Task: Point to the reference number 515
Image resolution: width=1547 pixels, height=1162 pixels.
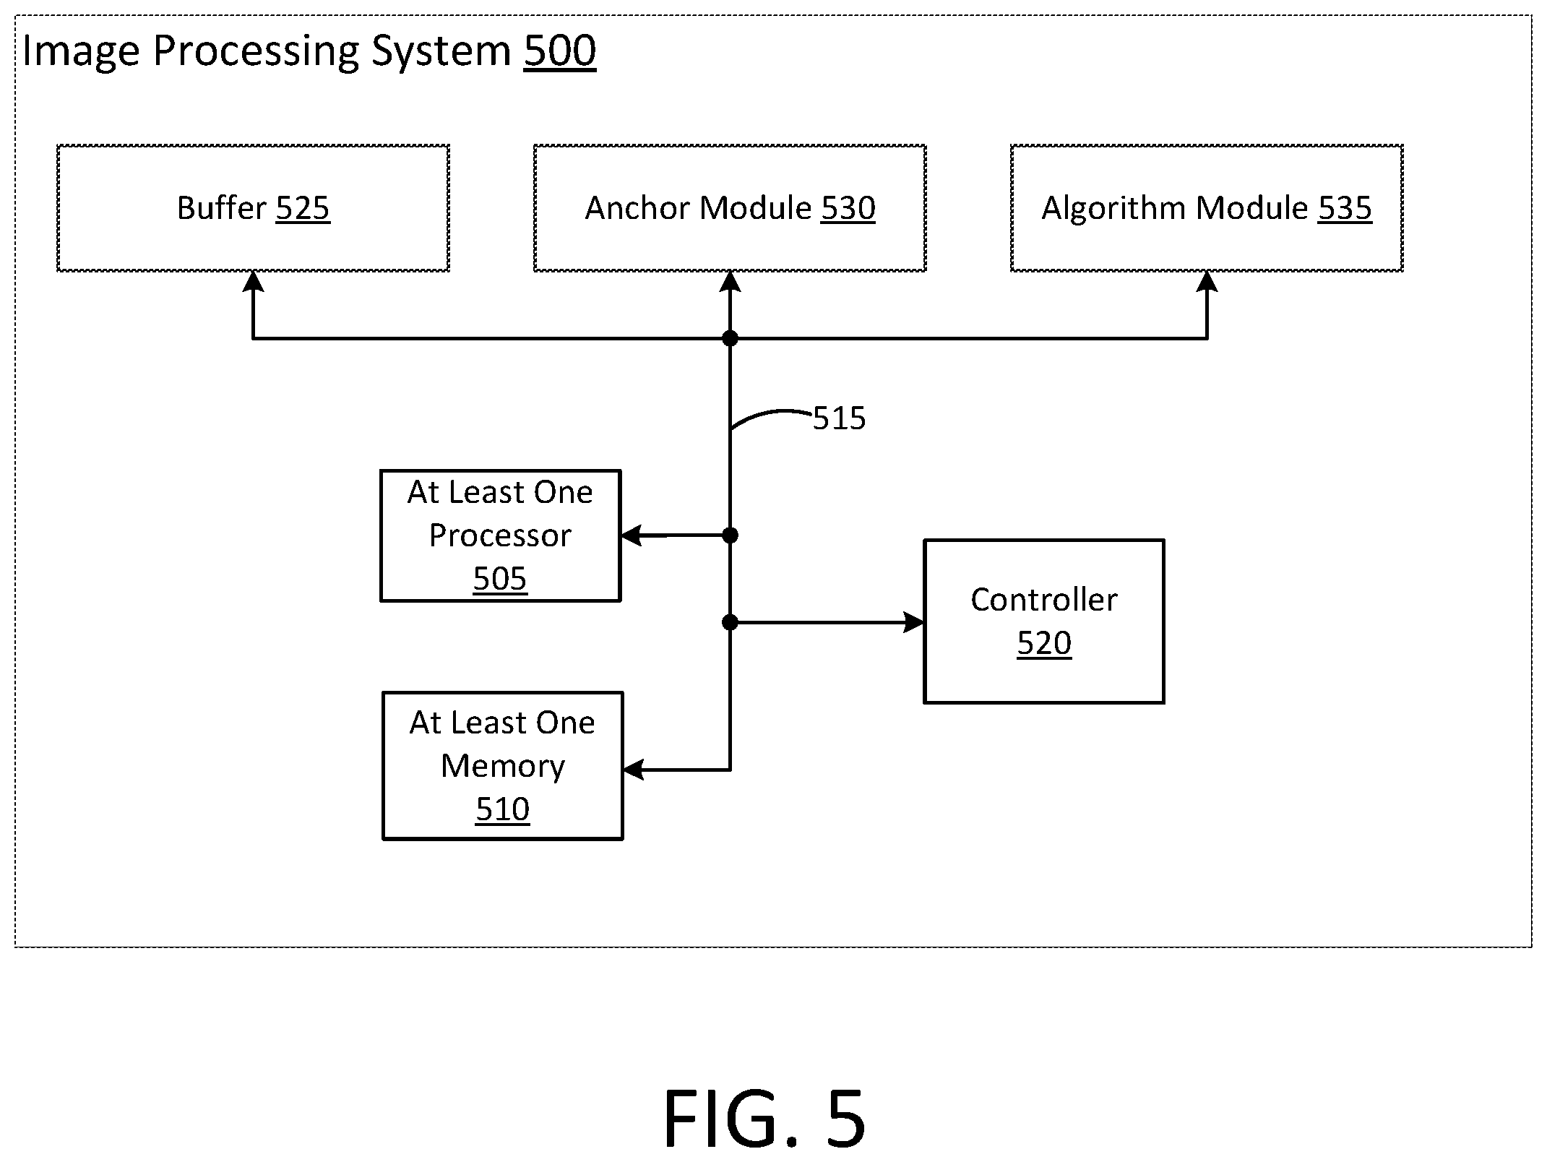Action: [x=839, y=418]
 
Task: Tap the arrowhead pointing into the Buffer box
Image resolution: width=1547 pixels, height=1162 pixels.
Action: [x=253, y=281]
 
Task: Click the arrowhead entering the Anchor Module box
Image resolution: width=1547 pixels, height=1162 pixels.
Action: [x=731, y=281]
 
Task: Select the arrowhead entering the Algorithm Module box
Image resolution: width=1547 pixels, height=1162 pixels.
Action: [x=1207, y=281]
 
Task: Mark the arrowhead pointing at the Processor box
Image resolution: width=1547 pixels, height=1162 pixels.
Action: [x=632, y=535]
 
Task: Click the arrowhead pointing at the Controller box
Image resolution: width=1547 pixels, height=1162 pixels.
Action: [x=914, y=622]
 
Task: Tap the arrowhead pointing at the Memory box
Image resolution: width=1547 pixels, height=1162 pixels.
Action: [x=634, y=770]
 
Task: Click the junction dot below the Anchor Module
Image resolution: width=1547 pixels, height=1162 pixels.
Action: [x=731, y=338]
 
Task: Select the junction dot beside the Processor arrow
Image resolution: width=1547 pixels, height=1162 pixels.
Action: [x=731, y=535]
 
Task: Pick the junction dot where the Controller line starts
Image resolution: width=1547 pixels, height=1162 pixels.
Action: [x=731, y=622]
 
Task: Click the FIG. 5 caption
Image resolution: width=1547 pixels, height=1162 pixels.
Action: [x=764, y=1119]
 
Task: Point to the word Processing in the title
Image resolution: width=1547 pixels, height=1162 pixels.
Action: [x=257, y=52]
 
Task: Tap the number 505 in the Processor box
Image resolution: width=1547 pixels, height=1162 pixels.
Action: [x=500, y=579]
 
